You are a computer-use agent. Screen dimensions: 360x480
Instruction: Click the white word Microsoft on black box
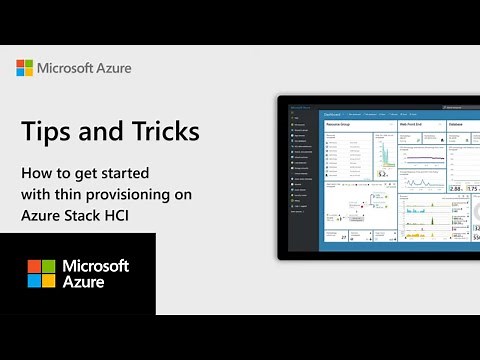coord(95,266)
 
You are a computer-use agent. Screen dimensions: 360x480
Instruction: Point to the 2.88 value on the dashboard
coord(456,187)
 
